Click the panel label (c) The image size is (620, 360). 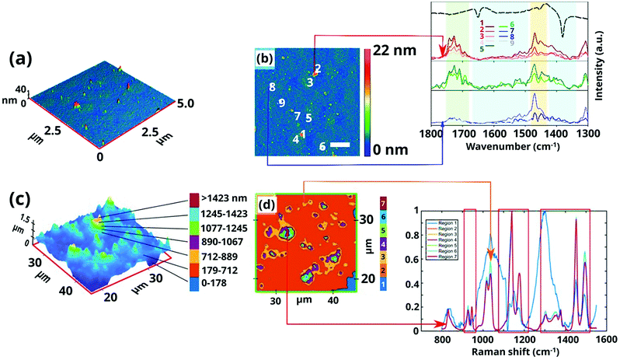(18, 197)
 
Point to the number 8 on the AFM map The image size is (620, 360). (272, 87)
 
